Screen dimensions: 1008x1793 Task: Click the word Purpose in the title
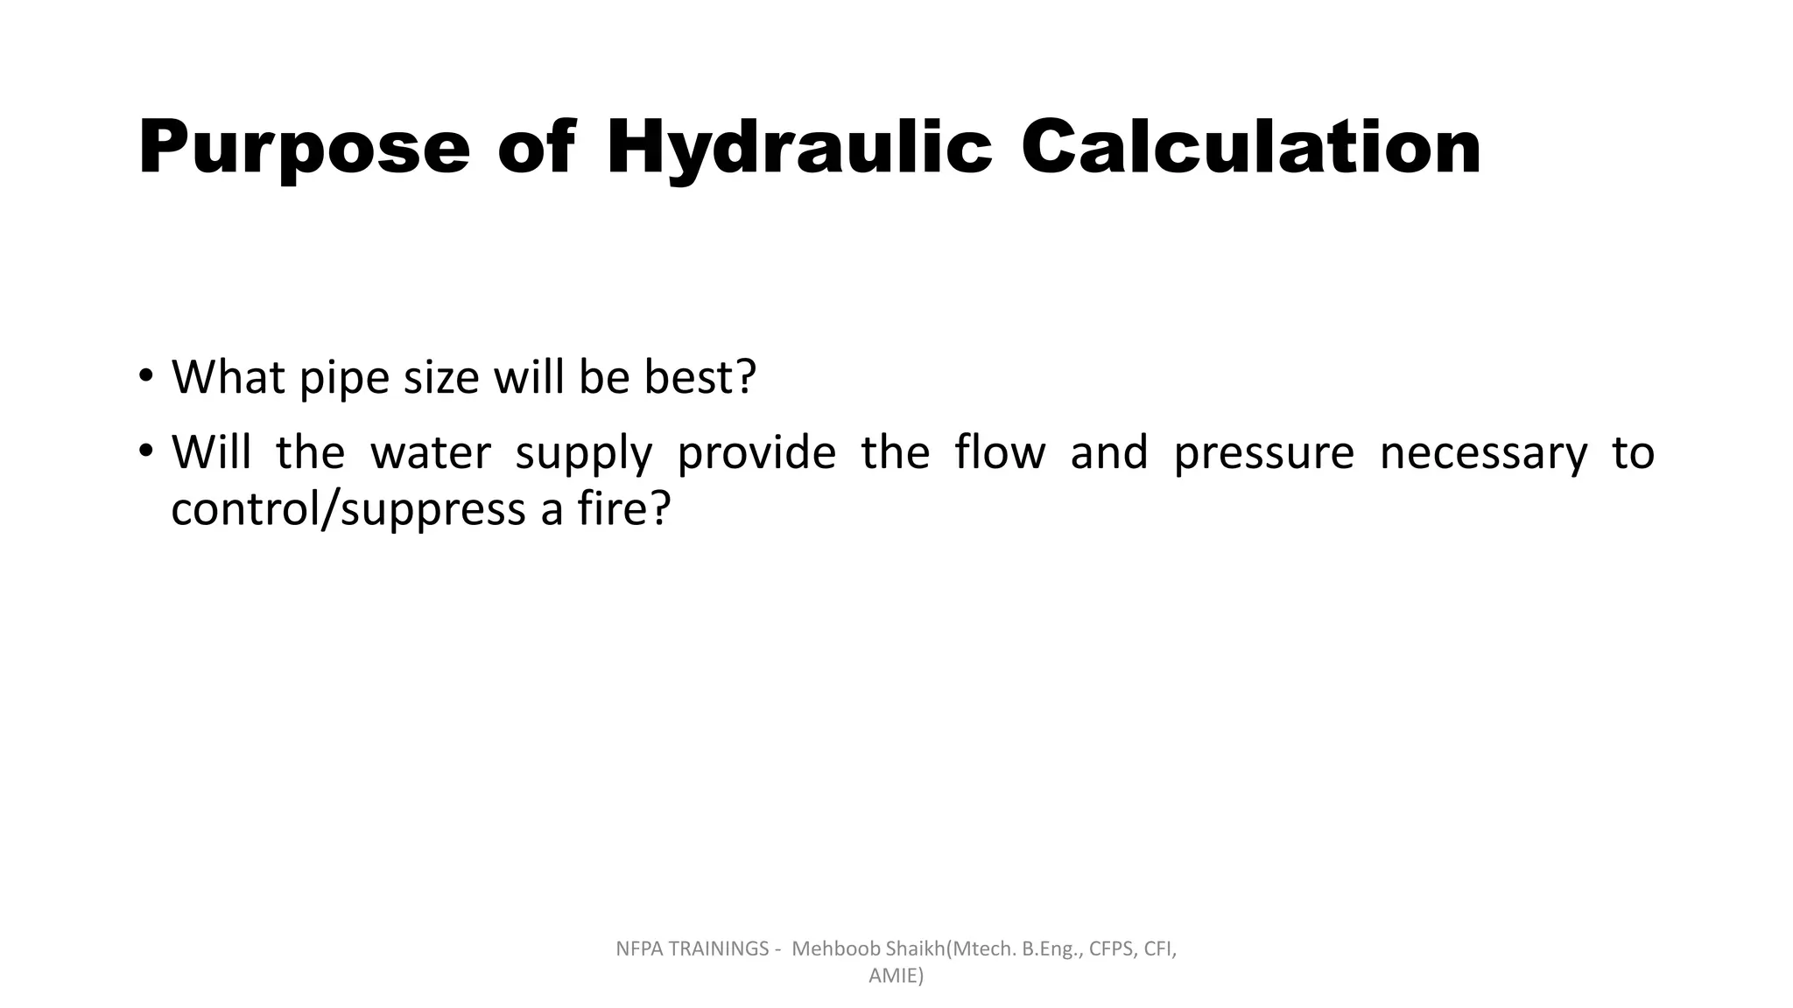coord(304,147)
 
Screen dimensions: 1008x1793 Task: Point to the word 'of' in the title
coord(537,147)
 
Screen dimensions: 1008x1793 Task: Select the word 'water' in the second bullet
coord(430,453)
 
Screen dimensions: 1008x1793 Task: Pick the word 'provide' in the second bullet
coord(756,453)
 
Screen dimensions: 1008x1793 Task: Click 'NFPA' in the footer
coord(639,949)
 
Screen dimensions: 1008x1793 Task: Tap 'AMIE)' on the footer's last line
coord(896,976)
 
